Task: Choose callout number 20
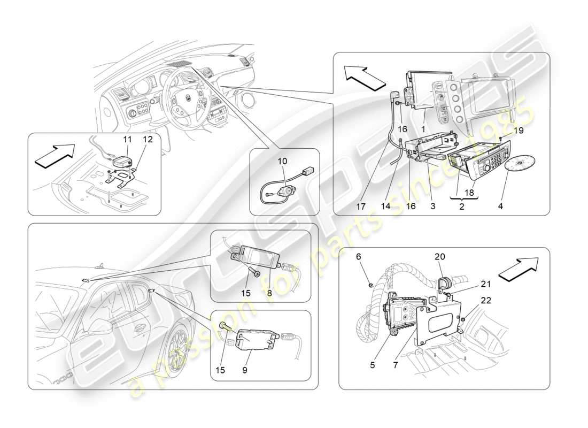pyautogui.click(x=439, y=257)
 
